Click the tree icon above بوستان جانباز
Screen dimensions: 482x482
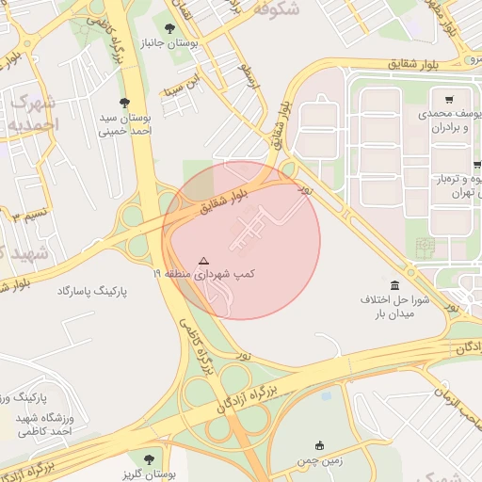click(169, 29)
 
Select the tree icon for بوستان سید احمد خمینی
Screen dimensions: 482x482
click(125, 102)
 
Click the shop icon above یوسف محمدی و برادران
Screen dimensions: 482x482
click(450, 98)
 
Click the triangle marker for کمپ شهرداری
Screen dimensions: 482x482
click(204, 260)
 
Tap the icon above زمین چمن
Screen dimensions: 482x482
click(320, 446)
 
